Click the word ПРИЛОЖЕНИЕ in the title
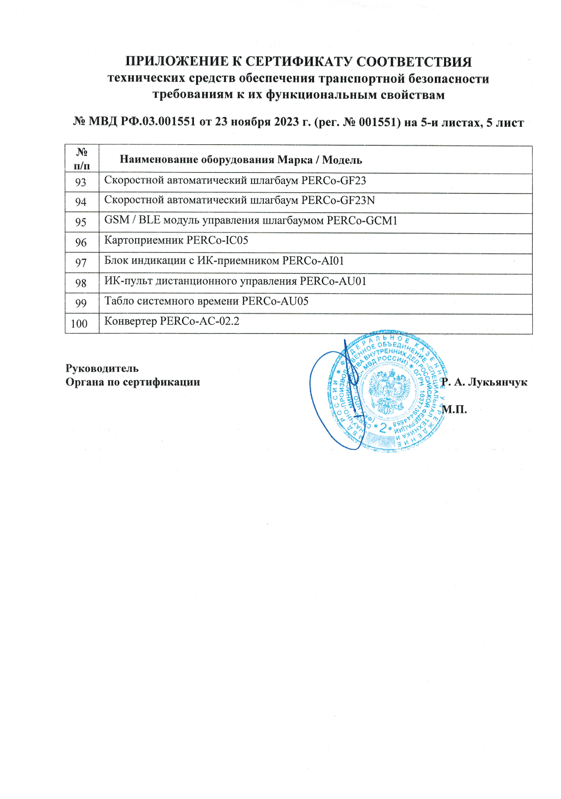click(x=175, y=62)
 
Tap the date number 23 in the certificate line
click(x=221, y=122)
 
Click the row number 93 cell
click(x=81, y=182)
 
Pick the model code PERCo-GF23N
click(x=338, y=200)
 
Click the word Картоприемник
click(x=143, y=241)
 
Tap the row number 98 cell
click(x=81, y=283)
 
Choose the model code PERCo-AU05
click(x=275, y=301)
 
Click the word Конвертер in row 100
click(x=130, y=321)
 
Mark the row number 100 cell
click(x=79, y=323)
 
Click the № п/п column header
click(x=82, y=159)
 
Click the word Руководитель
click(x=102, y=368)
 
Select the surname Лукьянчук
click(x=497, y=382)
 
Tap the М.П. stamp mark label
click(x=454, y=409)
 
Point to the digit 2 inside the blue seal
click(x=383, y=428)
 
